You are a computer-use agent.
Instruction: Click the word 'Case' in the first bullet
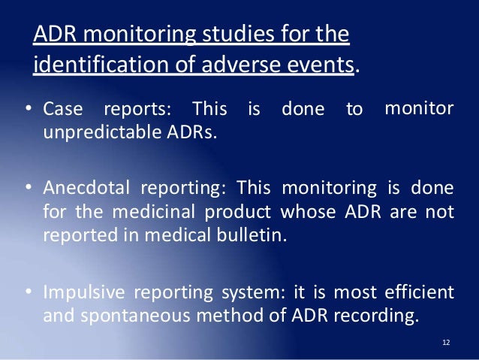[61, 110]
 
